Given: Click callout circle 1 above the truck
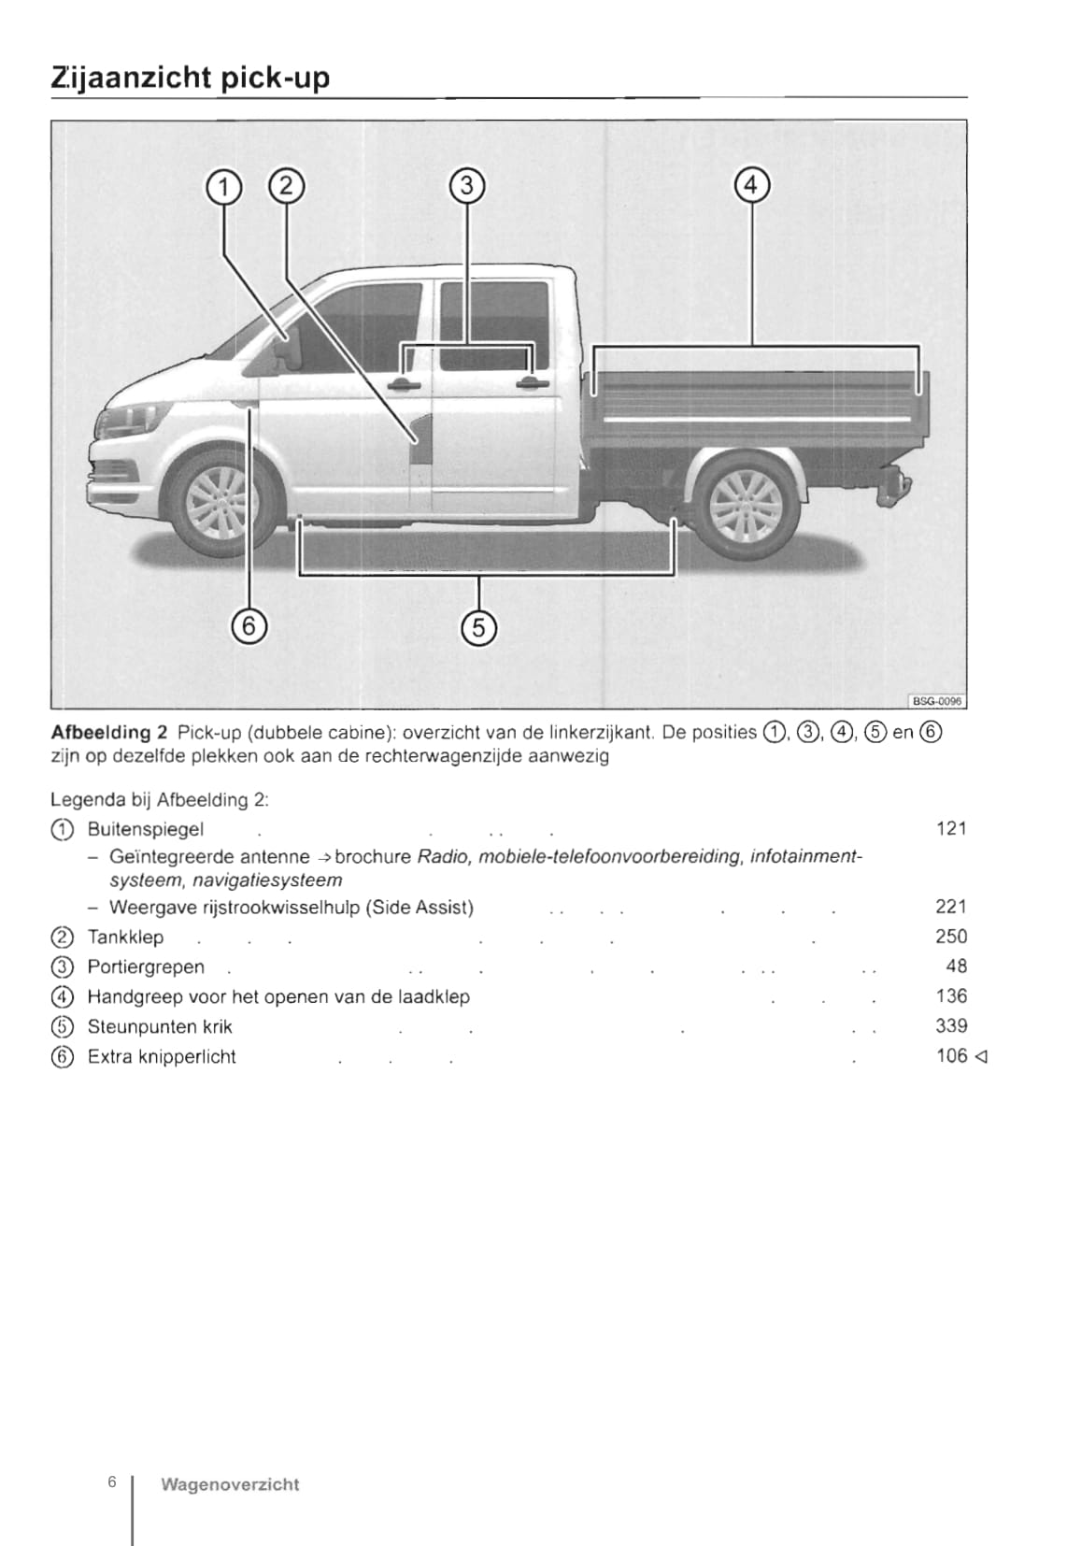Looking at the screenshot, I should pyautogui.click(x=223, y=187).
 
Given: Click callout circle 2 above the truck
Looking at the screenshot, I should pyautogui.click(x=286, y=186).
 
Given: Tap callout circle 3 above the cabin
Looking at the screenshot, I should pyautogui.click(x=467, y=186).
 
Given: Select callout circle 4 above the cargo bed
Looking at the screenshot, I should pyautogui.click(x=752, y=185).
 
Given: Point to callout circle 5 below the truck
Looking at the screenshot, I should pyautogui.click(x=479, y=627).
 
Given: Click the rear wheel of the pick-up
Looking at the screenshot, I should pyautogui.click(x=746, y=506).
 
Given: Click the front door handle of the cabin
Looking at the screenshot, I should pyautogui.click(x=403, y=384).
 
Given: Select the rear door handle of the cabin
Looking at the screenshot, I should pyautogui.click(x=531, y=382).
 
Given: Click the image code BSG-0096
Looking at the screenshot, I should pyautogui.click(x=936, y=701).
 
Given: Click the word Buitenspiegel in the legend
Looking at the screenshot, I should pyautogui.click(x=145, y=829).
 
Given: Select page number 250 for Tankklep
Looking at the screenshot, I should pyautogui.click(x=950, y=937).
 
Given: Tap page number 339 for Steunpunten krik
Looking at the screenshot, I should pyautogui.click(x=950, y=1026).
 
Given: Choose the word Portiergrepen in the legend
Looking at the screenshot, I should pyautogui.click(x=145, y=967).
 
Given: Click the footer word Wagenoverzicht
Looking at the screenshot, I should pyautogui.click(x=230, y=1484).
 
